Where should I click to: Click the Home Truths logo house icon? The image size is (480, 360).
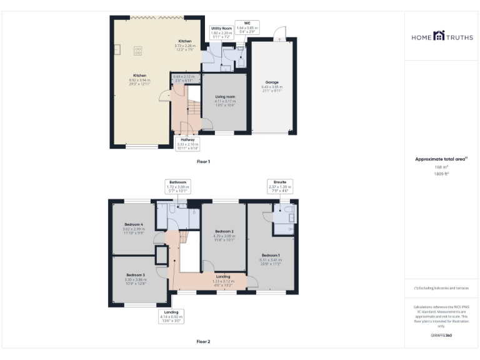coord(441,37)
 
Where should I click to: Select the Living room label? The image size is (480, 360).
coord(225,97)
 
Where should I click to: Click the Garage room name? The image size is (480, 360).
coord(272,82)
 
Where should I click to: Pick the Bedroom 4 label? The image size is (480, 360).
coord(134,224)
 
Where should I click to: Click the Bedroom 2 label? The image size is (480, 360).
coord(224,231)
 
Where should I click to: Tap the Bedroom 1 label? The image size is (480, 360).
coord(271,255)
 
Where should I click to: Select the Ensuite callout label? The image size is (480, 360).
coord(280,183)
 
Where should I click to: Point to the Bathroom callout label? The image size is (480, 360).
coord(177,182)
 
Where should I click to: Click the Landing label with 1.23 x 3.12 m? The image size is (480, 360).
coord(223,276)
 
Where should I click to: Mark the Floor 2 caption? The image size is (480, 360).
coord(203,341)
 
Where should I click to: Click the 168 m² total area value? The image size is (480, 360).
coord(442,167)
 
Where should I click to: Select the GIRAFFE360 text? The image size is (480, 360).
coord(441,336)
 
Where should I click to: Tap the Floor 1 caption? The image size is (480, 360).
coord(203,161)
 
